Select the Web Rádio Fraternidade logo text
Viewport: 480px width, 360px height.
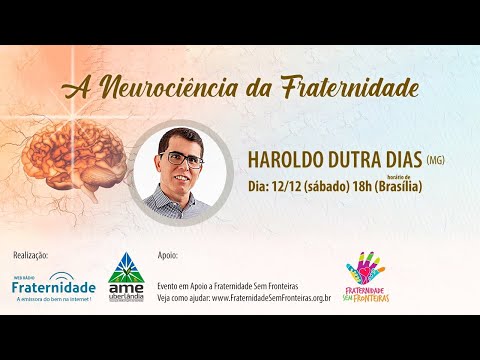(54, 286)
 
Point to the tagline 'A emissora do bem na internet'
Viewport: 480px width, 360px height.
(54, 298)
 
